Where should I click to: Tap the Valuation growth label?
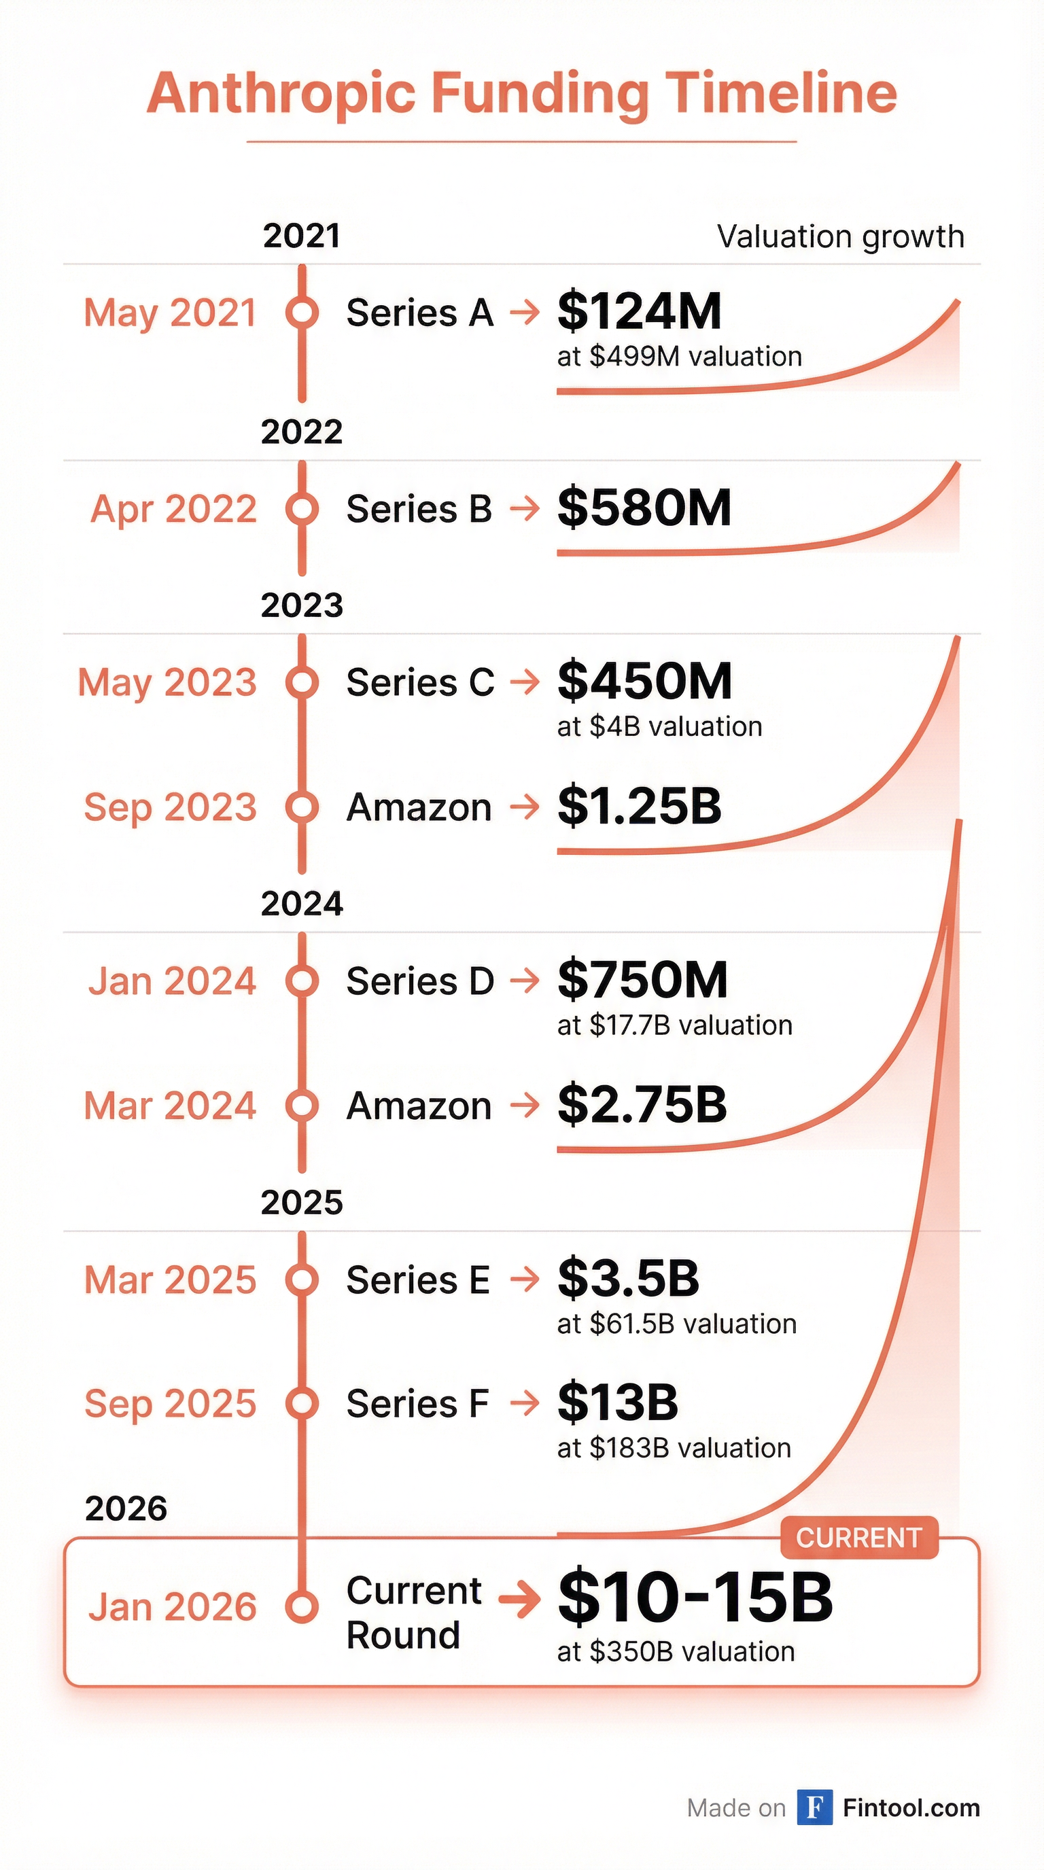840,236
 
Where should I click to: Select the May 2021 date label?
171,313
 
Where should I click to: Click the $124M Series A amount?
639,311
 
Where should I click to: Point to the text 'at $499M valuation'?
679,357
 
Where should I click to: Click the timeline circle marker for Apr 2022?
302,509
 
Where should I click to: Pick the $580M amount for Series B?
644,508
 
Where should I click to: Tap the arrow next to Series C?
525,682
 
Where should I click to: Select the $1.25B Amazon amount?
639,806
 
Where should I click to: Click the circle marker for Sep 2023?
302,807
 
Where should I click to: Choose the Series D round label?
419,981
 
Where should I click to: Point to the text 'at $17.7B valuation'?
674,1025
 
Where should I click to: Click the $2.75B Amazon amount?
642,1104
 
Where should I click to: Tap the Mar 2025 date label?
171,1280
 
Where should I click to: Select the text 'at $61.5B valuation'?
677,1324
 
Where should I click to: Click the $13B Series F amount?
618,1402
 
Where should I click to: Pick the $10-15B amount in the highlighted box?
695,1597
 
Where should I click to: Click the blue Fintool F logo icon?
814,1807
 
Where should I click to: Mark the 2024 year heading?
302,904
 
